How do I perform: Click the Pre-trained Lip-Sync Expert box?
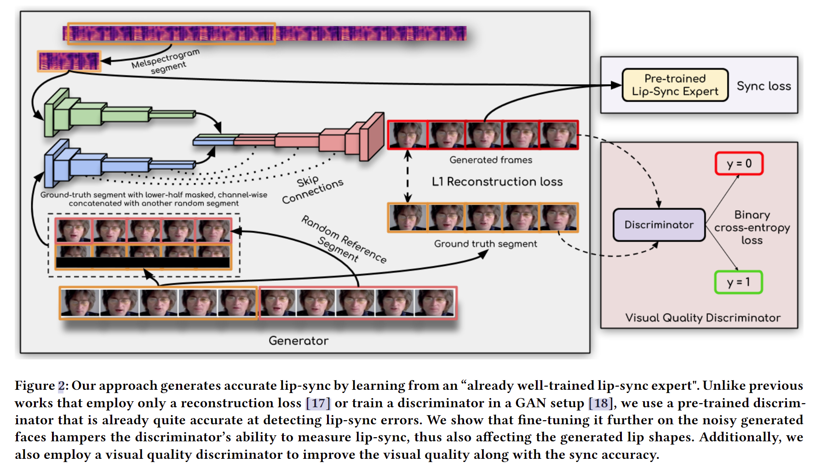(675, 85)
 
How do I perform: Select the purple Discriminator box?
(659, 225)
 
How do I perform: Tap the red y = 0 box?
(739, 163)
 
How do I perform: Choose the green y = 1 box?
(738, 282)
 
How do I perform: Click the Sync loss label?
(764, 86)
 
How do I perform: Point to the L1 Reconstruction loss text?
(497, 181)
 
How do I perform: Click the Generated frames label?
(491, 160)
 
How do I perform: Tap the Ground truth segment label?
(485, 243)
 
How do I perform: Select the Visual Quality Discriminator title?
(702, 318)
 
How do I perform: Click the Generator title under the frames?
(299, 341)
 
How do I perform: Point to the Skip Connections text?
(312, 189)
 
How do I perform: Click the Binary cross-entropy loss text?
(752, 227)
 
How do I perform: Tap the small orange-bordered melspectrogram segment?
(69, 61)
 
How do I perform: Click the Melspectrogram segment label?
(166, 62)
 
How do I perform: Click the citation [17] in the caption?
(318, 403)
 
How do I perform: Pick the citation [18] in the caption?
(601, 403)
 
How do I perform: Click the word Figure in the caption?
(35, 386)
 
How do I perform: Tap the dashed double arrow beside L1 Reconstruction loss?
(408, 176)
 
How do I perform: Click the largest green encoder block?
(57, 113)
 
